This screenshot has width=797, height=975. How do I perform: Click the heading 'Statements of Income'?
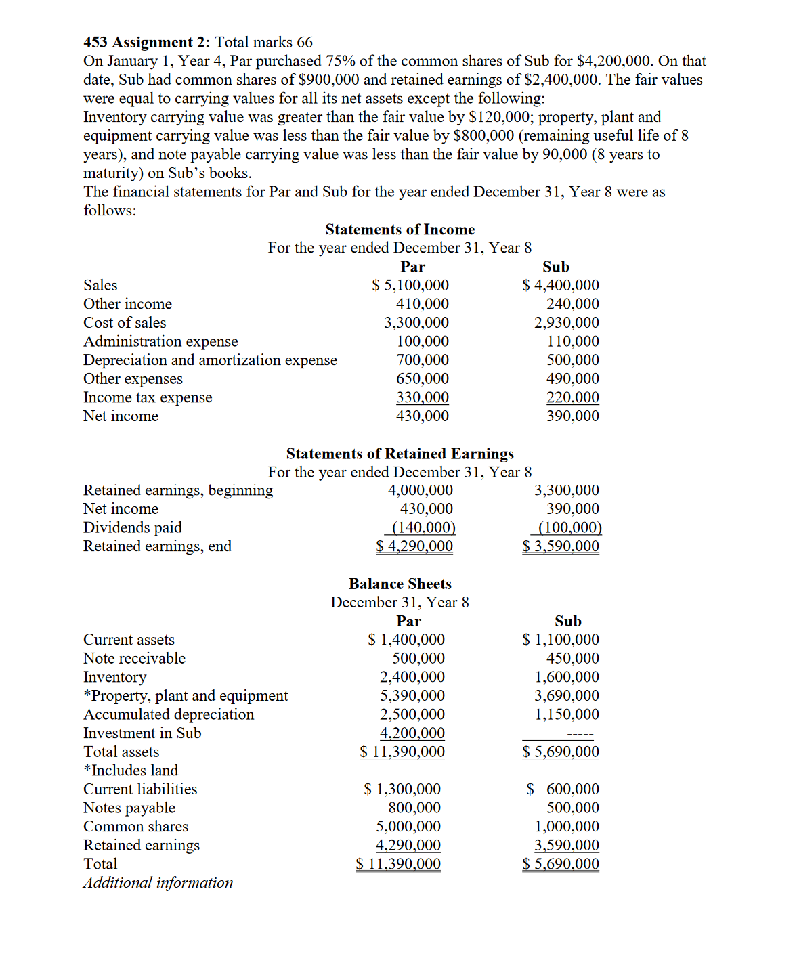tap(400, 230)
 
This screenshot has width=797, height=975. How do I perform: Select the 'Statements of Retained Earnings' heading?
tap(400, 454)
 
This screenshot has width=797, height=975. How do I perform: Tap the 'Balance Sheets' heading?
tap(400, 584)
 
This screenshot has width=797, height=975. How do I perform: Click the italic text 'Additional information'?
tap(158, 883)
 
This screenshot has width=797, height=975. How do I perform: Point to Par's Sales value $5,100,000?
tap(410, 286)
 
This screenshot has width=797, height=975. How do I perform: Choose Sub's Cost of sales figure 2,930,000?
tap(566, 323)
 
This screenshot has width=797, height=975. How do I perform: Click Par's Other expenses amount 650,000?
tap(423, 379)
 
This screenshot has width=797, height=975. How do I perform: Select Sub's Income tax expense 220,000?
tap(573, 397)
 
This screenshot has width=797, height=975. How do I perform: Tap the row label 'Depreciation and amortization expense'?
tap(210, 360)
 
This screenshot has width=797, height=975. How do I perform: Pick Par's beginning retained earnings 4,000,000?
tap(420, 490)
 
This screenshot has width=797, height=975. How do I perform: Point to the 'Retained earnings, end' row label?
tap(157, 546)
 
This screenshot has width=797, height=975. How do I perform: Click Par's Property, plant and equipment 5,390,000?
tap(412, 696)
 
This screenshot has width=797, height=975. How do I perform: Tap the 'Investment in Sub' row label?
tap(142, 733)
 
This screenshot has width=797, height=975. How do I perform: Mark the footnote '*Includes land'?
tap(131, 771)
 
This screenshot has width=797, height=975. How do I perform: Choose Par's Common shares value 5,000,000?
tap(408, 827)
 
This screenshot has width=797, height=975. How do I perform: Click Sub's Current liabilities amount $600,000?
tap(563, 789)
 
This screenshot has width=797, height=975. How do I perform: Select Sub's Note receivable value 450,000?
tap(573, 659)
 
